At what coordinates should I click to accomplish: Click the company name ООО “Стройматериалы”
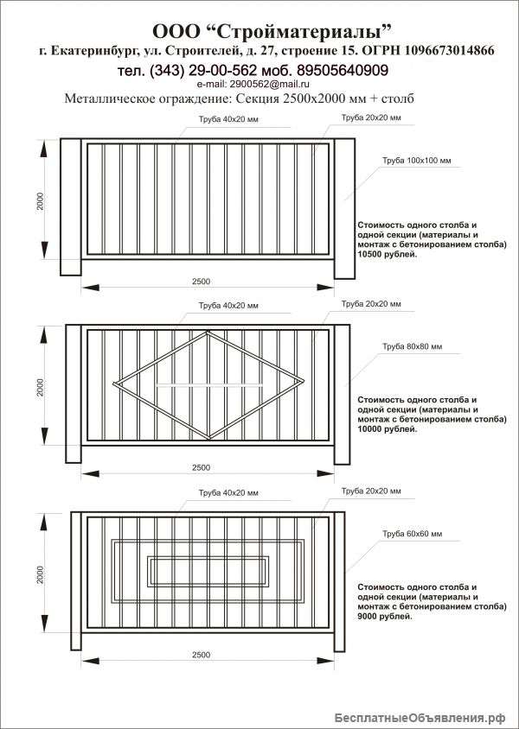point(272,32)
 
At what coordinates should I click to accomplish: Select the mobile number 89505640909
point(343,70)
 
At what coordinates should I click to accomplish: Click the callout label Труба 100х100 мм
point(416,161)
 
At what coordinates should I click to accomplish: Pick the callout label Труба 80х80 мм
point(412,346)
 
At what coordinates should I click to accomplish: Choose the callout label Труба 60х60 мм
point(412,534)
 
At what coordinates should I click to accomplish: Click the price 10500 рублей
point(388,254)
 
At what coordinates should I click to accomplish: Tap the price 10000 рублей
point(388,429)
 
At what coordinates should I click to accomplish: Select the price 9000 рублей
point(385,617)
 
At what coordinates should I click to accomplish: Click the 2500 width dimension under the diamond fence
point(201,467)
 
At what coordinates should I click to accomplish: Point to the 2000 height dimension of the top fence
point(41,201)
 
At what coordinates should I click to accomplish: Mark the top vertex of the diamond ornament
point(208,332)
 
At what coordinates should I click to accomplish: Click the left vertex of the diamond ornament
point(115,384)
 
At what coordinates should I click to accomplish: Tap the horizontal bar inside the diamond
point(210,385)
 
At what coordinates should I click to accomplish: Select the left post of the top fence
point(71,207)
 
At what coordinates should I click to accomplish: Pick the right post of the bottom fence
point(339,581)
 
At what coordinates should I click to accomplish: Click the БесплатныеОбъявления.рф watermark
point(420,718)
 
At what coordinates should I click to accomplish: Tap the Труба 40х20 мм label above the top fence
point(228,119)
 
